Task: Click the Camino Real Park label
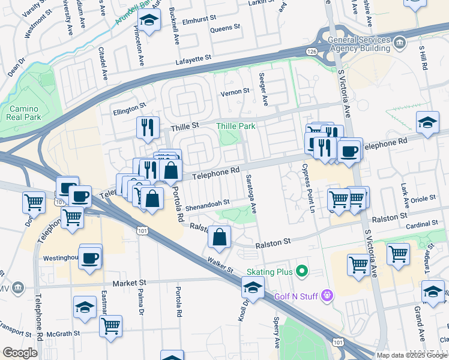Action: (25, 113)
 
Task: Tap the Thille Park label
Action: (236, 126)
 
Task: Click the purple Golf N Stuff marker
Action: (327, 295)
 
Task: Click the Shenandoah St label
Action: (207, 203)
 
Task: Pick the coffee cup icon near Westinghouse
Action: (90, 257)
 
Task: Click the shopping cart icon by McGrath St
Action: (110, 326)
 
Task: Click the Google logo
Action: (20, 353)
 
